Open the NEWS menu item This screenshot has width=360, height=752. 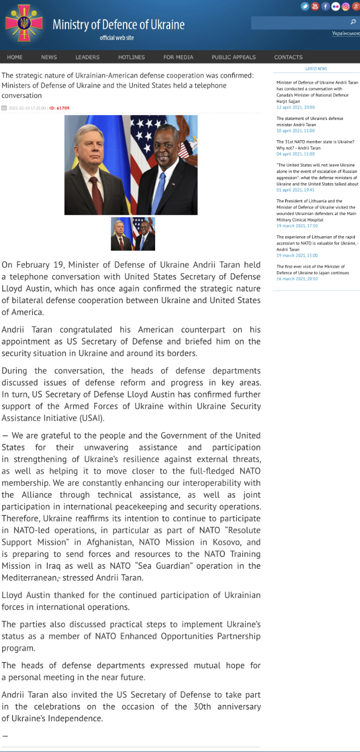point(49,57)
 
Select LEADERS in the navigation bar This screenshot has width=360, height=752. point(88,57)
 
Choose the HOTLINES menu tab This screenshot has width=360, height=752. point(131,57)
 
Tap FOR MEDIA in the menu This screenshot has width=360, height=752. point(179,57)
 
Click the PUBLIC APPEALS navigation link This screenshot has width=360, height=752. point(233,57)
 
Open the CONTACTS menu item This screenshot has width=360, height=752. point(288,57)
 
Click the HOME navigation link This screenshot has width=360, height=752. point(15,57)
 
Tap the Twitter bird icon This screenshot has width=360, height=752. point(305,7)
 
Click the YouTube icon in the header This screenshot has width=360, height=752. point(315,7)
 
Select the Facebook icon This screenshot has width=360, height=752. point(325,7)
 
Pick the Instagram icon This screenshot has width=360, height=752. point(345,7)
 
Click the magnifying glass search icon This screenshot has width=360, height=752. point(353,22)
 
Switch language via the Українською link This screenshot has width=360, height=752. point(345,33)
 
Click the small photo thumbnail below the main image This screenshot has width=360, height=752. point(133,234)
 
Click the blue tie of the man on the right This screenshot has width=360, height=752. point(160,193)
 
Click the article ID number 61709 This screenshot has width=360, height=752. point(60,108)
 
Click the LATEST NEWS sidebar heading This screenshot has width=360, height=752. point(316,69)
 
